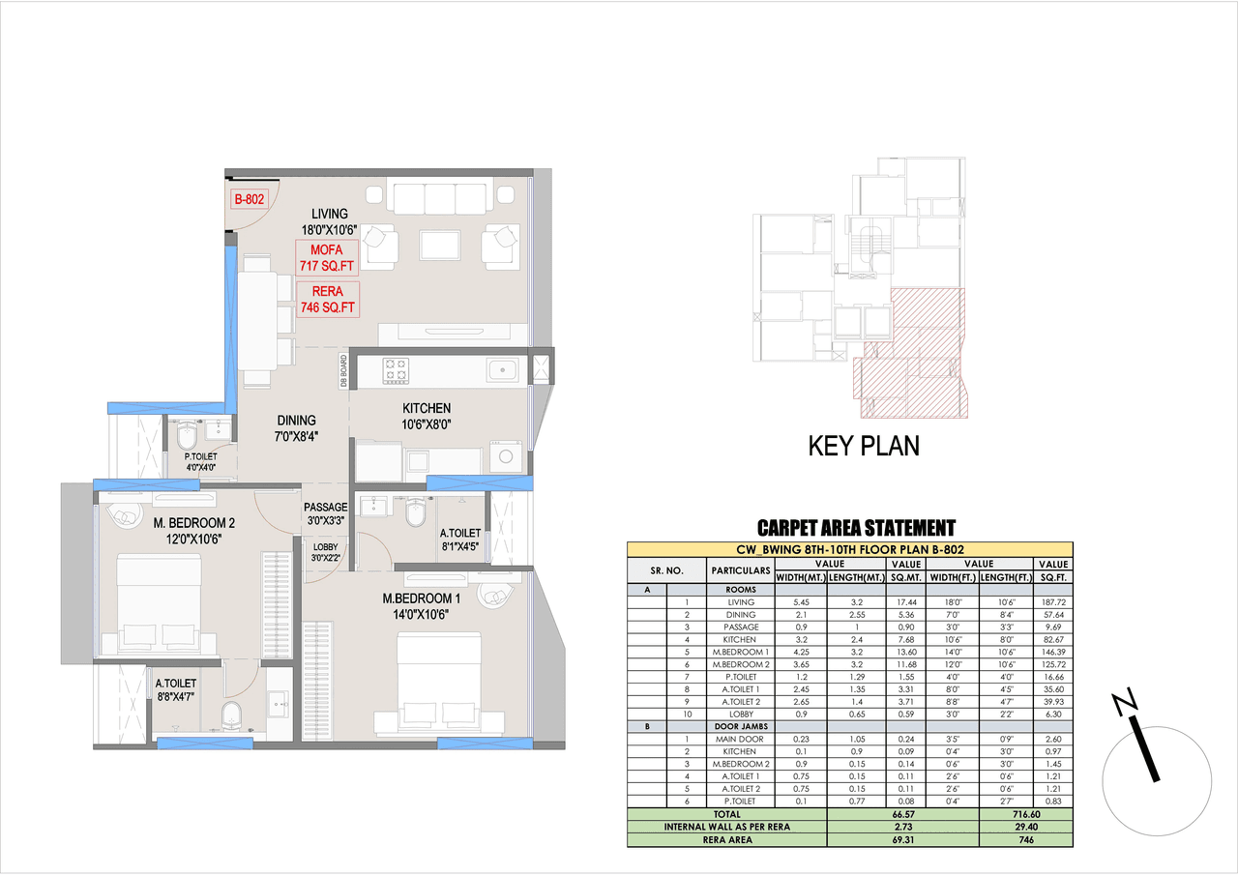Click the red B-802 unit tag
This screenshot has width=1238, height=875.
[250, 201]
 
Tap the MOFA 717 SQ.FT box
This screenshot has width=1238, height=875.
[327, 257]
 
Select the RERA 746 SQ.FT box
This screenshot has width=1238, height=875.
[327, 300]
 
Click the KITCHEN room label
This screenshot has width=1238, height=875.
[427, 408]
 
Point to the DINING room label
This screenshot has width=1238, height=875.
[297, 421]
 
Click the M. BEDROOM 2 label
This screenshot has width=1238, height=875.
[194, 523]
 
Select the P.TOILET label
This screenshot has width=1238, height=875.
[202, 456]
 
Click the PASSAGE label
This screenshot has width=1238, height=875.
[325, 507]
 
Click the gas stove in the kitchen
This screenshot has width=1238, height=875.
[397, 368]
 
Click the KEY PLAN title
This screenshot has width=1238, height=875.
[864, 446]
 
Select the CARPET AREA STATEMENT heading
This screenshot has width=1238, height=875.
[856, 528]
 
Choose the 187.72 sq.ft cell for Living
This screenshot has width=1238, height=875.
[1051, 601]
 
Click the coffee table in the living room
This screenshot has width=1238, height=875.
[440, 244]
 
